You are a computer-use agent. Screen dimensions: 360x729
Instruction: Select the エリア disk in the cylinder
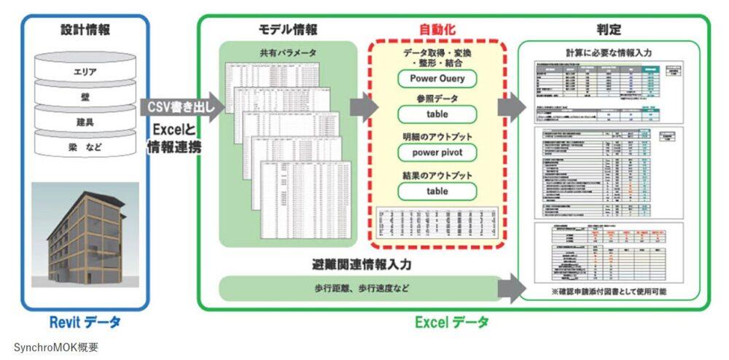85,72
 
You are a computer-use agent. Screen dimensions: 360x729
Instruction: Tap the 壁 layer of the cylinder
85,97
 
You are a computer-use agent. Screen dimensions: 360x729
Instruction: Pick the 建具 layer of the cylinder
85,122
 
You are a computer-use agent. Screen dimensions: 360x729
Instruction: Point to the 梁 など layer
85,148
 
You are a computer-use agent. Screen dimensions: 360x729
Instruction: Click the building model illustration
85,234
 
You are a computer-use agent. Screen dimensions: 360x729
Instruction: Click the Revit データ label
85,321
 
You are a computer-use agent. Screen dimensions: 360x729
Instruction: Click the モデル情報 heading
288,30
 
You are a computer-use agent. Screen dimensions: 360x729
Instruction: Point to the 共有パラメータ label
288,53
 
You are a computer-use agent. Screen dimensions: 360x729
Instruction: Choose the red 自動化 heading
437,30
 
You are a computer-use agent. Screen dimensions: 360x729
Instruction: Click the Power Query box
437,78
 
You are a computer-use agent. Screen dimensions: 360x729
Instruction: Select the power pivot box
437,153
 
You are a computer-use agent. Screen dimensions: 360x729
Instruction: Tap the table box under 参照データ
437,114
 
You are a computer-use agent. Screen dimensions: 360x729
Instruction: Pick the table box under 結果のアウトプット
437,191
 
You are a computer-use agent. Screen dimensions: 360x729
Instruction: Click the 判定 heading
609,30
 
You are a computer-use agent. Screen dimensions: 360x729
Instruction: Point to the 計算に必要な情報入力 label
609,52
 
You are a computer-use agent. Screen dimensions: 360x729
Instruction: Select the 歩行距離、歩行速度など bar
357,288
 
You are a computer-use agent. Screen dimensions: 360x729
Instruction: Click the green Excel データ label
452,321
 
